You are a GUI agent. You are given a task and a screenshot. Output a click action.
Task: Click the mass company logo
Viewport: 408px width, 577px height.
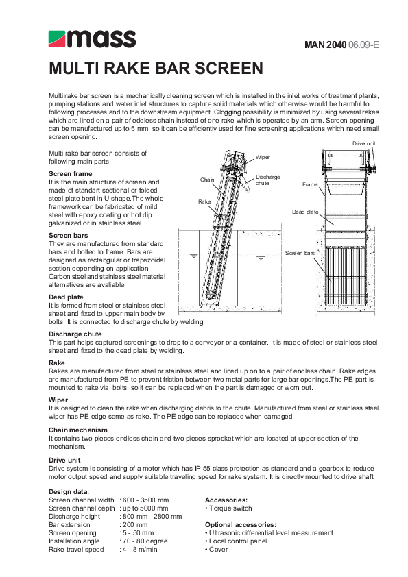pyautogui.click(x=91, y=39)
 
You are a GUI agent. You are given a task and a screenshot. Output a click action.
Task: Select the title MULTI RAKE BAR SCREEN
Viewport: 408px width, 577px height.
pyautogui.click(x=156, y=69)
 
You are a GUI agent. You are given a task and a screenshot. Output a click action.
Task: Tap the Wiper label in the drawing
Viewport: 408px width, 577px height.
pyautogui.click(x=263, y=157)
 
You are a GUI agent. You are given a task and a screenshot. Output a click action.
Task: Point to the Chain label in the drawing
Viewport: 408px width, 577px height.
pyautogui.click(x=207, y=180)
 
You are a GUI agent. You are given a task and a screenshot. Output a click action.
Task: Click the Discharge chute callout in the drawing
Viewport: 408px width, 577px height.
pyautogui.click(x=267, y=180)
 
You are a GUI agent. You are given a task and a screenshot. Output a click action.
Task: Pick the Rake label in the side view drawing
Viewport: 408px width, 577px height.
pyautogui.click(x=204, y=201)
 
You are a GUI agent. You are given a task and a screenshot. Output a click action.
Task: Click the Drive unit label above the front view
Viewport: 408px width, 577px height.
pyautogui.click(x=363, y=142)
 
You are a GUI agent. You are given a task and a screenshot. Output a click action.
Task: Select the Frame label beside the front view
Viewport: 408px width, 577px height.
pyautogui.click(x=310, y=185)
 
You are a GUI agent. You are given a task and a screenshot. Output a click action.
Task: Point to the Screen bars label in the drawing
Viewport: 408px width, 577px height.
pyautogui.click(x=300, y=253)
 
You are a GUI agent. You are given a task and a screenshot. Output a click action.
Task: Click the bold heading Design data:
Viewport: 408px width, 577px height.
pyautogui.click(x=69, y=491)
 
